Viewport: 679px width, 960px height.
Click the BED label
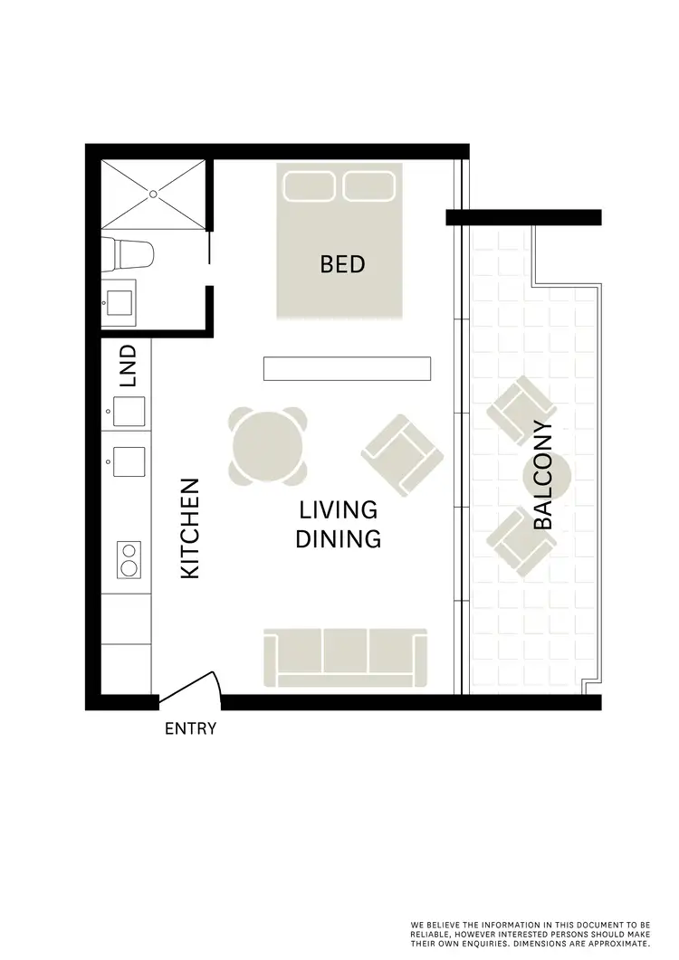click(342, 264)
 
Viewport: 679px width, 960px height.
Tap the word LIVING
click(339, 510)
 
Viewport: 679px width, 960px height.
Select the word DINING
click(339, 539)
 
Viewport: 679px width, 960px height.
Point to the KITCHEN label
click(190, 528)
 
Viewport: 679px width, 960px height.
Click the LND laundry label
click(129, 366)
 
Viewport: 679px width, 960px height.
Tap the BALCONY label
click(543, 476)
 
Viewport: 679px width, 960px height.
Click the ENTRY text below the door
click(190, 728)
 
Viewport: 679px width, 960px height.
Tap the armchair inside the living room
click(402, 451)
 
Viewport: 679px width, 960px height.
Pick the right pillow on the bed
click(370, 187)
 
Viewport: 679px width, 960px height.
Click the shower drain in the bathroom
click(153, 193)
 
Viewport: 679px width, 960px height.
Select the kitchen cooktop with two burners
click(129, 559)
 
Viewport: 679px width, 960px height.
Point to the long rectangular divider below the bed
click(347, 368)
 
